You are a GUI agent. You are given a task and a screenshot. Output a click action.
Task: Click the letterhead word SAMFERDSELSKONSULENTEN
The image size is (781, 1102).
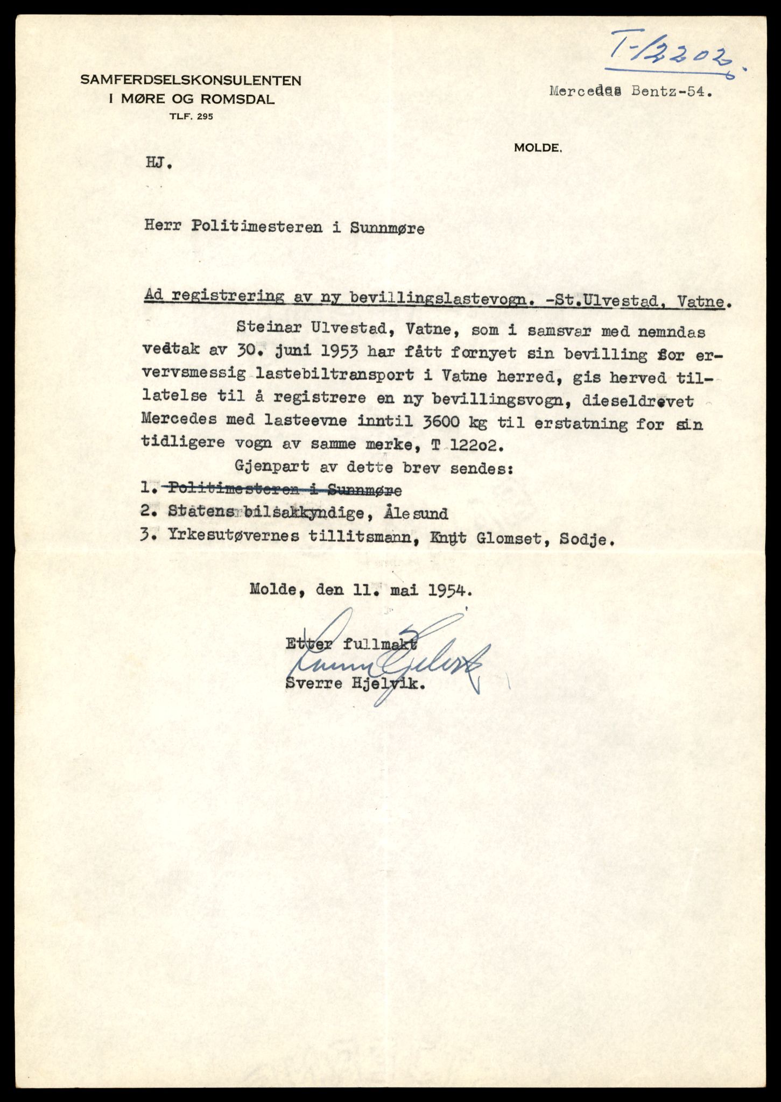[x=191, y=81]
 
